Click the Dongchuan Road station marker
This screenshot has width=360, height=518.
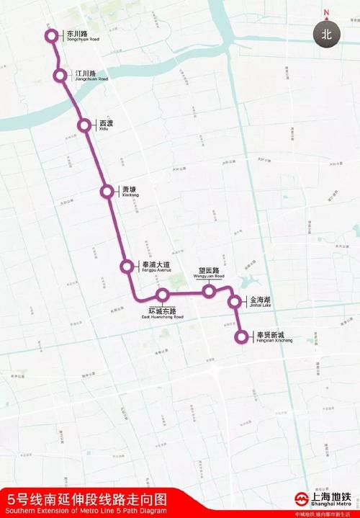click(51, 35)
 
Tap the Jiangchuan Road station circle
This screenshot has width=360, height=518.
click(60, 75)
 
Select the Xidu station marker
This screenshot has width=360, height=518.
click(85, 125)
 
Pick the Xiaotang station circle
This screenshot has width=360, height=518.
click(107, 192)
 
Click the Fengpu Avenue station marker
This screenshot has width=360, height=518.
click(127, 267)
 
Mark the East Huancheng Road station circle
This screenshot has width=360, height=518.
click(163, 295)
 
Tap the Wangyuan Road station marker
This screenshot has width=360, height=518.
click(209, 291)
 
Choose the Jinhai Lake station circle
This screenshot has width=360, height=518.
click(235, 302)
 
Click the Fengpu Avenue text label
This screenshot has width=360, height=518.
click(156, 267)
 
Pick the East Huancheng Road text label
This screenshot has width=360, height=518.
click(162, 313)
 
